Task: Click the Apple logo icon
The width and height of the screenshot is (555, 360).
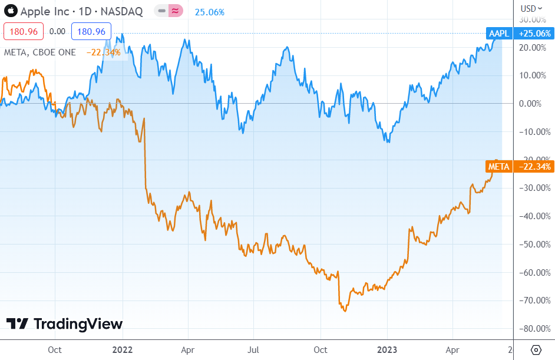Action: point(9,11)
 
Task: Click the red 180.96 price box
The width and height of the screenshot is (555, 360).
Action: point(24,31)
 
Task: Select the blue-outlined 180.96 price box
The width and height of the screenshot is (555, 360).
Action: point(91,31)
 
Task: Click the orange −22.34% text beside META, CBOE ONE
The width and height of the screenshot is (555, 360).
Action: point(104,52)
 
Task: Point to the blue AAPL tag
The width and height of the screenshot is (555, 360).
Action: point(499,34)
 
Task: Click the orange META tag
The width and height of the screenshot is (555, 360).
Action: point(499,167)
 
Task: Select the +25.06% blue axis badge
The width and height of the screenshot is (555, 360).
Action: point(534,34)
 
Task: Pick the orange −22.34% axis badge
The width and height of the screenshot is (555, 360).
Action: point(534,167)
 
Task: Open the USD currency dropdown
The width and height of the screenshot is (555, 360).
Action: point(530,8)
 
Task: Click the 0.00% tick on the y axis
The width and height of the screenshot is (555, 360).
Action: point(532,104)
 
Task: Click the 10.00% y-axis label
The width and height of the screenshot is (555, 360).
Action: point(532,75)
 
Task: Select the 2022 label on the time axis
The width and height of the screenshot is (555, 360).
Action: point(122,349)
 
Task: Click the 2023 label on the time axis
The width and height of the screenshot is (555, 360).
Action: point(386,349)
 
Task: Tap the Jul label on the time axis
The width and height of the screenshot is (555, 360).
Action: point(253,349)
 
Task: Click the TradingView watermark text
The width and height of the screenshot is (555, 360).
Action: point(78,324)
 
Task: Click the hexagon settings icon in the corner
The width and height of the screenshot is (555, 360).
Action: point(536,350)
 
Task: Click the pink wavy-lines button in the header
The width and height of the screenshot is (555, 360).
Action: point(175,11)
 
